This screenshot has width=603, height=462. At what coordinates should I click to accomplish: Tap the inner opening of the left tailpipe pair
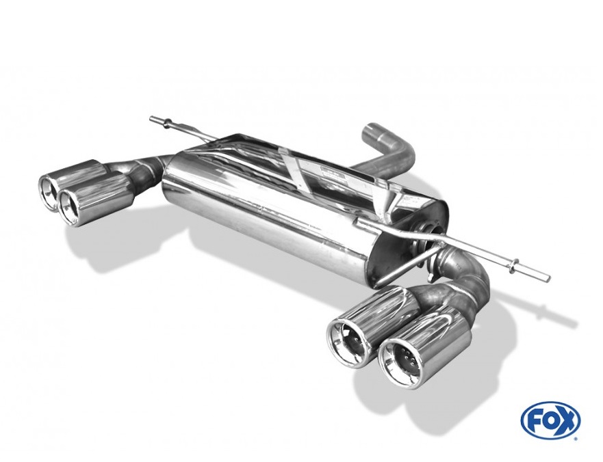click(x=72, y=206)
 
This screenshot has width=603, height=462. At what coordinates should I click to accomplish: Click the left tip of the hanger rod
click(x=151, y=118)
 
